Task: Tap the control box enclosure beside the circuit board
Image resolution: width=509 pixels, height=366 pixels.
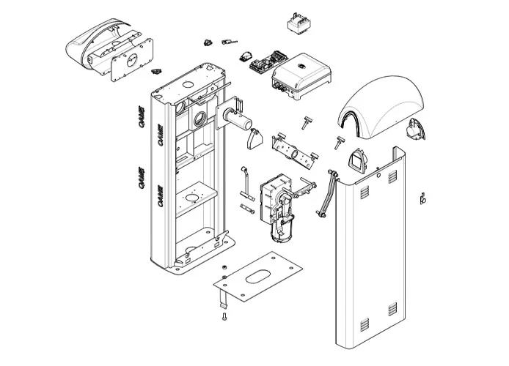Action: [300, 78]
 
